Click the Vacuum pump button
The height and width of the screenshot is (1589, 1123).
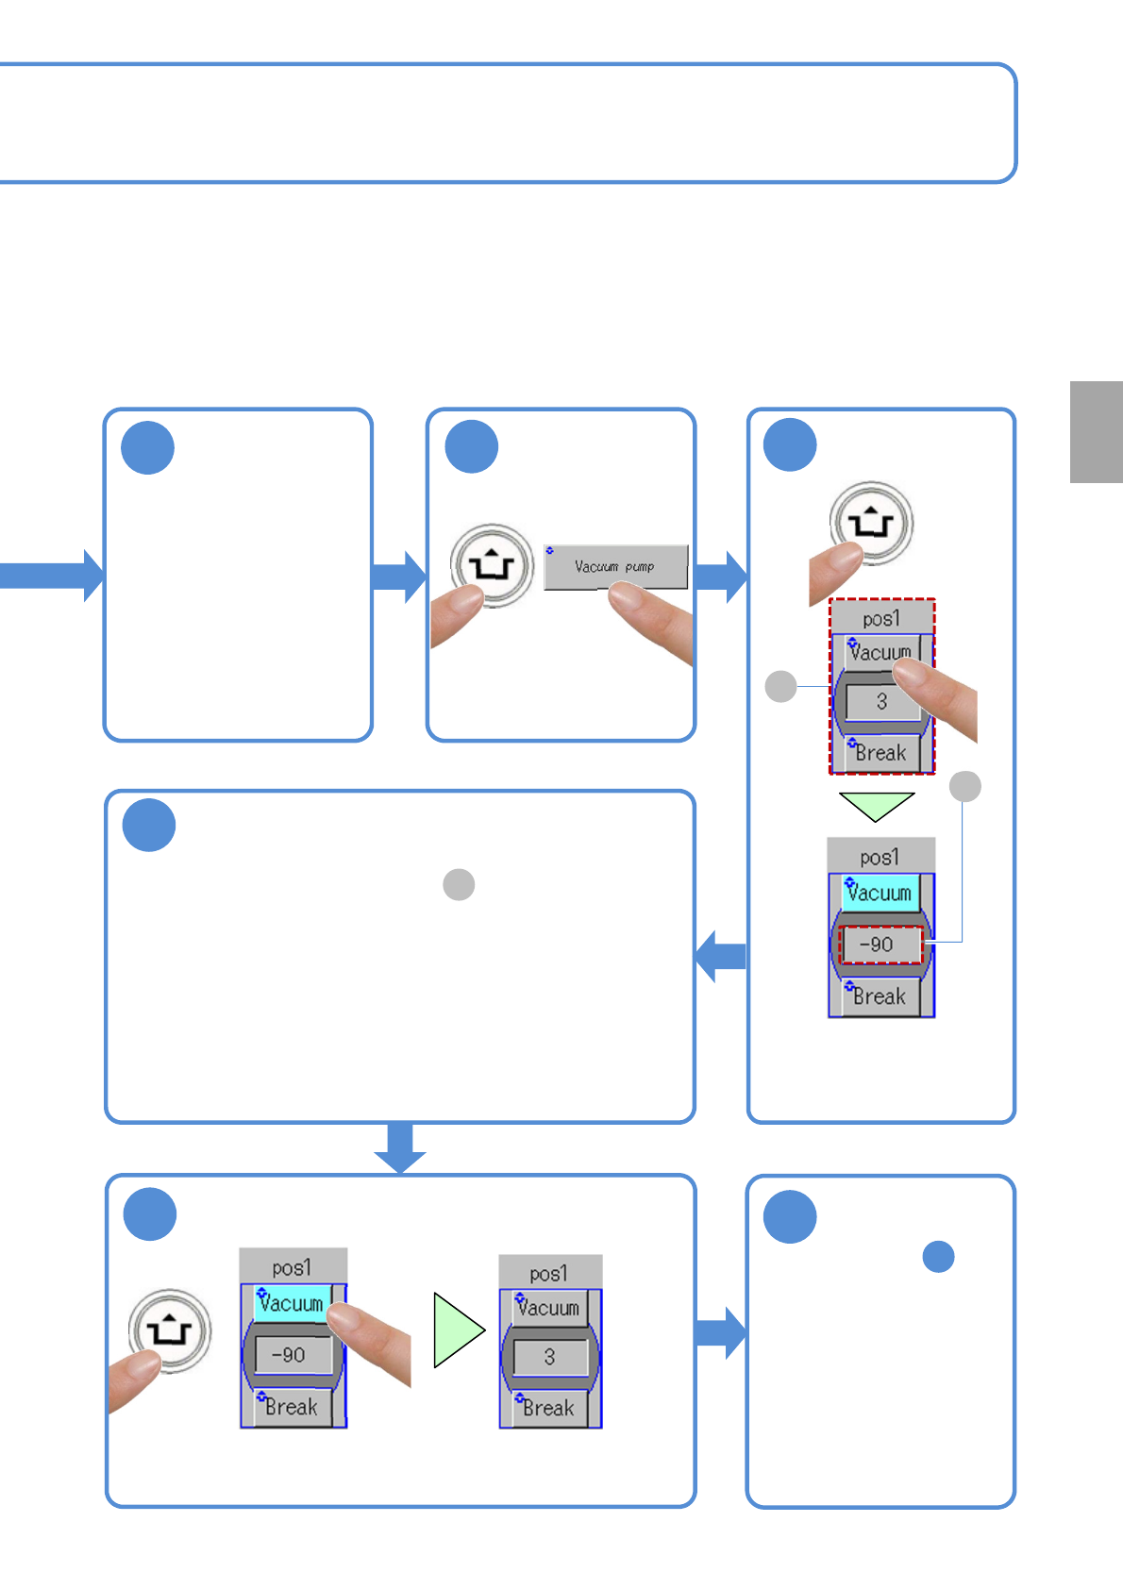pos(615,567)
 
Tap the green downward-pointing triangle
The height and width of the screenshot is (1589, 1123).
pos(877,804)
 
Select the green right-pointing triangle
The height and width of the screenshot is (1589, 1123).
pos(457,1330)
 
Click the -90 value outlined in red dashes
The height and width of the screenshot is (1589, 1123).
pos(880,945)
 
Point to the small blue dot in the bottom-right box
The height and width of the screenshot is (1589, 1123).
pos(938,1256)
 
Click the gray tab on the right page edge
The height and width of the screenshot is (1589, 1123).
pos(1096,432)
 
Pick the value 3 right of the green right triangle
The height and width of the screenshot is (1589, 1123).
pos(549,1357)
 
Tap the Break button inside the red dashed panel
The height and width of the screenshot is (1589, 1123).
pos(880,753)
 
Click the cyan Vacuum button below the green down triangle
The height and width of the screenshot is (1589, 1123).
pos(880,893)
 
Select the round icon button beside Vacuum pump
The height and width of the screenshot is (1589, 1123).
pos(492,565)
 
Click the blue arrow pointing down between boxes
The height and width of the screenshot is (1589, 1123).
pos(400,1146)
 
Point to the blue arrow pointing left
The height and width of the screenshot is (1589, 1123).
pos(721,956)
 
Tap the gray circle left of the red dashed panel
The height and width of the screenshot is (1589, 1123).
pos(780,686)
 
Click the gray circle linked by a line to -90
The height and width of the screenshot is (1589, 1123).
pos(964,786)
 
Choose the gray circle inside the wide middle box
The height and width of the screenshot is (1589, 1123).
pos(459,884)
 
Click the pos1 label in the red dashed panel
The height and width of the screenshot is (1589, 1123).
pos(881,619)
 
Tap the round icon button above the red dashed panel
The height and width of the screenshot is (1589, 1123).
pos(871,523)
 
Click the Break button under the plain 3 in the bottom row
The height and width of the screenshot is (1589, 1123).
pos(548,1408)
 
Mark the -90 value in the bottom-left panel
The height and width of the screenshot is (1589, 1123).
pos(290,1355)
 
